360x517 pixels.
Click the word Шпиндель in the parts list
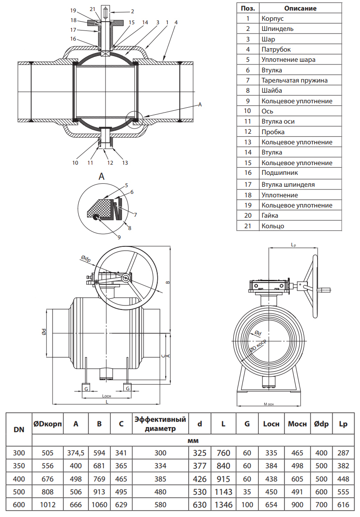click(277, 29)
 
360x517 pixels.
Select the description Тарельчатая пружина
click(294, 80)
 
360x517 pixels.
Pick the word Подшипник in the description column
click(280, 173)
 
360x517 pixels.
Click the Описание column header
click(300, 8)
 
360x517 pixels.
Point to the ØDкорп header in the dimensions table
click(47, 424)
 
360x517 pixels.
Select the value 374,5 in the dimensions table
click(76, 453)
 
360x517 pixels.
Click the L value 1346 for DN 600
click(224, 505)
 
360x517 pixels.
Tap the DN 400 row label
click(19, 479)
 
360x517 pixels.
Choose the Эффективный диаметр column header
click(160, 424)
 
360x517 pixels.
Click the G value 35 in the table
click(247, 492)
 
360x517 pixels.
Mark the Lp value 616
click(343, 505)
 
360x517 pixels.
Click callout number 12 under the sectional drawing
click(110, 163)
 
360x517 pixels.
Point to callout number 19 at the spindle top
click(73, 10)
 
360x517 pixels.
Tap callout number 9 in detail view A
click(119, 237)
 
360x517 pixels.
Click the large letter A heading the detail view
click(102, 177)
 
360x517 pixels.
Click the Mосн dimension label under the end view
click(269, 404)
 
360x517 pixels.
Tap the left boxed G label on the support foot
click(87, 388)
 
